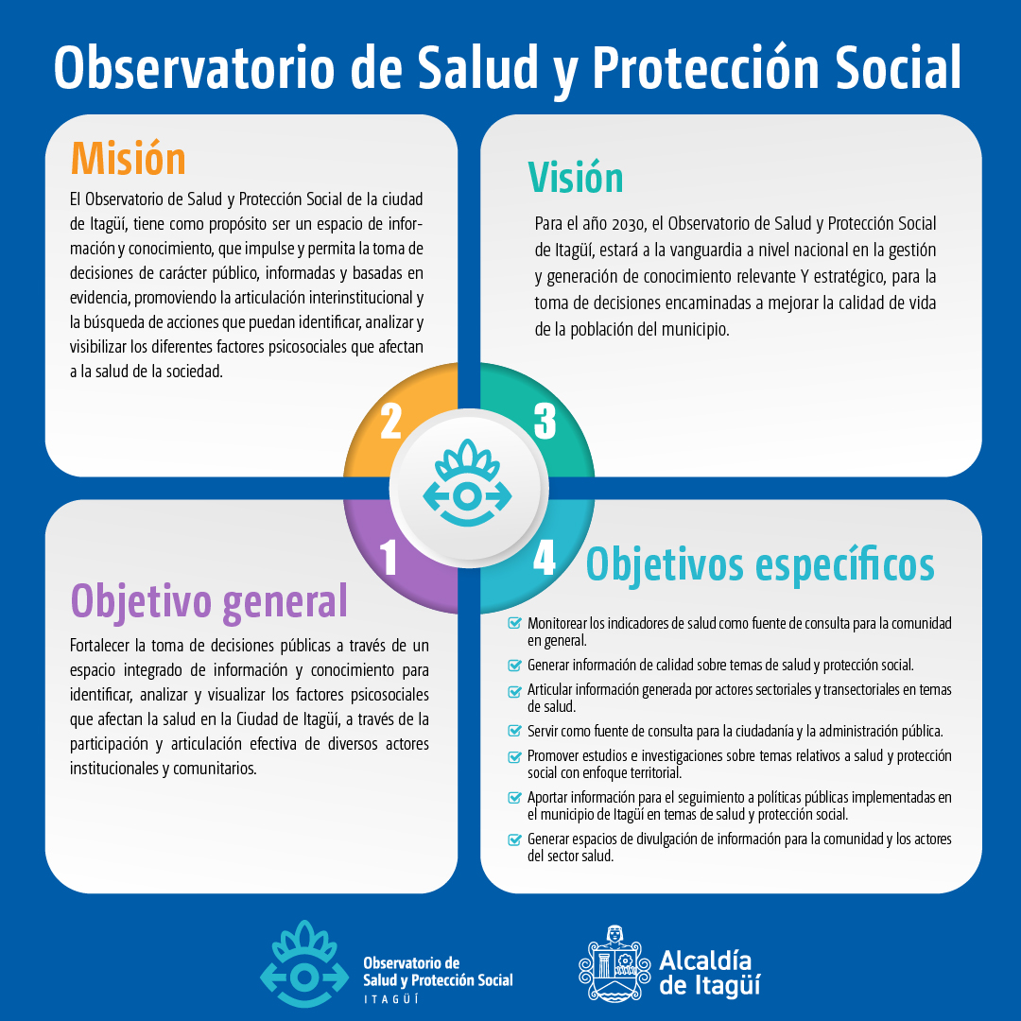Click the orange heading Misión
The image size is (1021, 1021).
pyautogui.click(x=129, y=158)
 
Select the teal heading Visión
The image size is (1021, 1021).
pyautogui.click(x=576, y=177)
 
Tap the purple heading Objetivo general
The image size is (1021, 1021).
pyautogui.click(x=209, y=602)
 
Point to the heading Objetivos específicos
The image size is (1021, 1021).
pyautogui.click(x=760, y=565)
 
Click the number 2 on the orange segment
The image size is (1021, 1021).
pyautogui.click(x=390, y=422)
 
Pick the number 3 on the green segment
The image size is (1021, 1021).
pyautogui.click(x=545, y=422)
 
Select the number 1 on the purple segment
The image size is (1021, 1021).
pyautogui.click(x=389, y=558)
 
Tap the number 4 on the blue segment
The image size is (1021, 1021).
pyautogui.click(x=545, y=558)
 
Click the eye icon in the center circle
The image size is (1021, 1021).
pyautogui.click(x=468, y=483)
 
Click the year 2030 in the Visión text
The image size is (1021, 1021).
pyautogui.click(x=628, y=225)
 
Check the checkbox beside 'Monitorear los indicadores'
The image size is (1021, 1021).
pyautogui.click(x=514, y=623)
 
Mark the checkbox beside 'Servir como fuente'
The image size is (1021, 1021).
pyautogui.click(x=514, y=731)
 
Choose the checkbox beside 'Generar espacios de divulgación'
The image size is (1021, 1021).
pyautogui.click(x=514, y=839)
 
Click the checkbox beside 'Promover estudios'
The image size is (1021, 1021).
pyautogui.click(x=514, y=756)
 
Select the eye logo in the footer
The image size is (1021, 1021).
pyautogui.click(x=304, y=963)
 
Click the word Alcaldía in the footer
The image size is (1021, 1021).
pyautogui.click(x=705, y=961)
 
